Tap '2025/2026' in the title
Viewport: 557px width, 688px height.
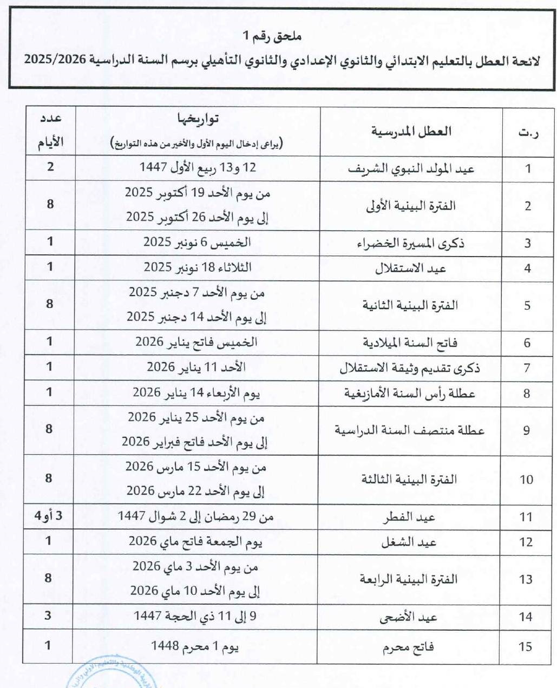tap(55, 60)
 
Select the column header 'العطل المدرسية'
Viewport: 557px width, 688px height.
tap(411, 132)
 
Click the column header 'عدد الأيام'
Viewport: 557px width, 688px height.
tap(50, 131)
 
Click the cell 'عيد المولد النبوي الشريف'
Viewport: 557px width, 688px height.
tap(411, 169)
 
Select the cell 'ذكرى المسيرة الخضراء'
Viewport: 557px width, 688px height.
tap(411, 243)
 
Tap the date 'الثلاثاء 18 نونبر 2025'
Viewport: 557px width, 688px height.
tap(198, 267)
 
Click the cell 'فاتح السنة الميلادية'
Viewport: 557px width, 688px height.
tap(410, 343)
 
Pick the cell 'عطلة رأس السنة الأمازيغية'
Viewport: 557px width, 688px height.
tap(410, 394)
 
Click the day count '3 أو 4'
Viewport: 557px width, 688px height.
tap(49, 516)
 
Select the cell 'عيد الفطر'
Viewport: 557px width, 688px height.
tap(410, 517)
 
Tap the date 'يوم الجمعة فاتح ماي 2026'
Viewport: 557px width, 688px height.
tap(195, 541)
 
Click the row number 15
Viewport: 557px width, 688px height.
tap(526, 646)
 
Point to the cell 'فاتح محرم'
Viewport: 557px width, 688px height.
tap(409, 647)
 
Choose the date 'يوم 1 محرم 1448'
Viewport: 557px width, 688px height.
tap(195, 646)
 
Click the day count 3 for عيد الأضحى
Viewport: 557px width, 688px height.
tap(48, 615)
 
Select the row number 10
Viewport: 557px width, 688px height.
tap(526, 480)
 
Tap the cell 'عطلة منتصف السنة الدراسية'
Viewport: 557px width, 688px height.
tap(410, 431)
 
